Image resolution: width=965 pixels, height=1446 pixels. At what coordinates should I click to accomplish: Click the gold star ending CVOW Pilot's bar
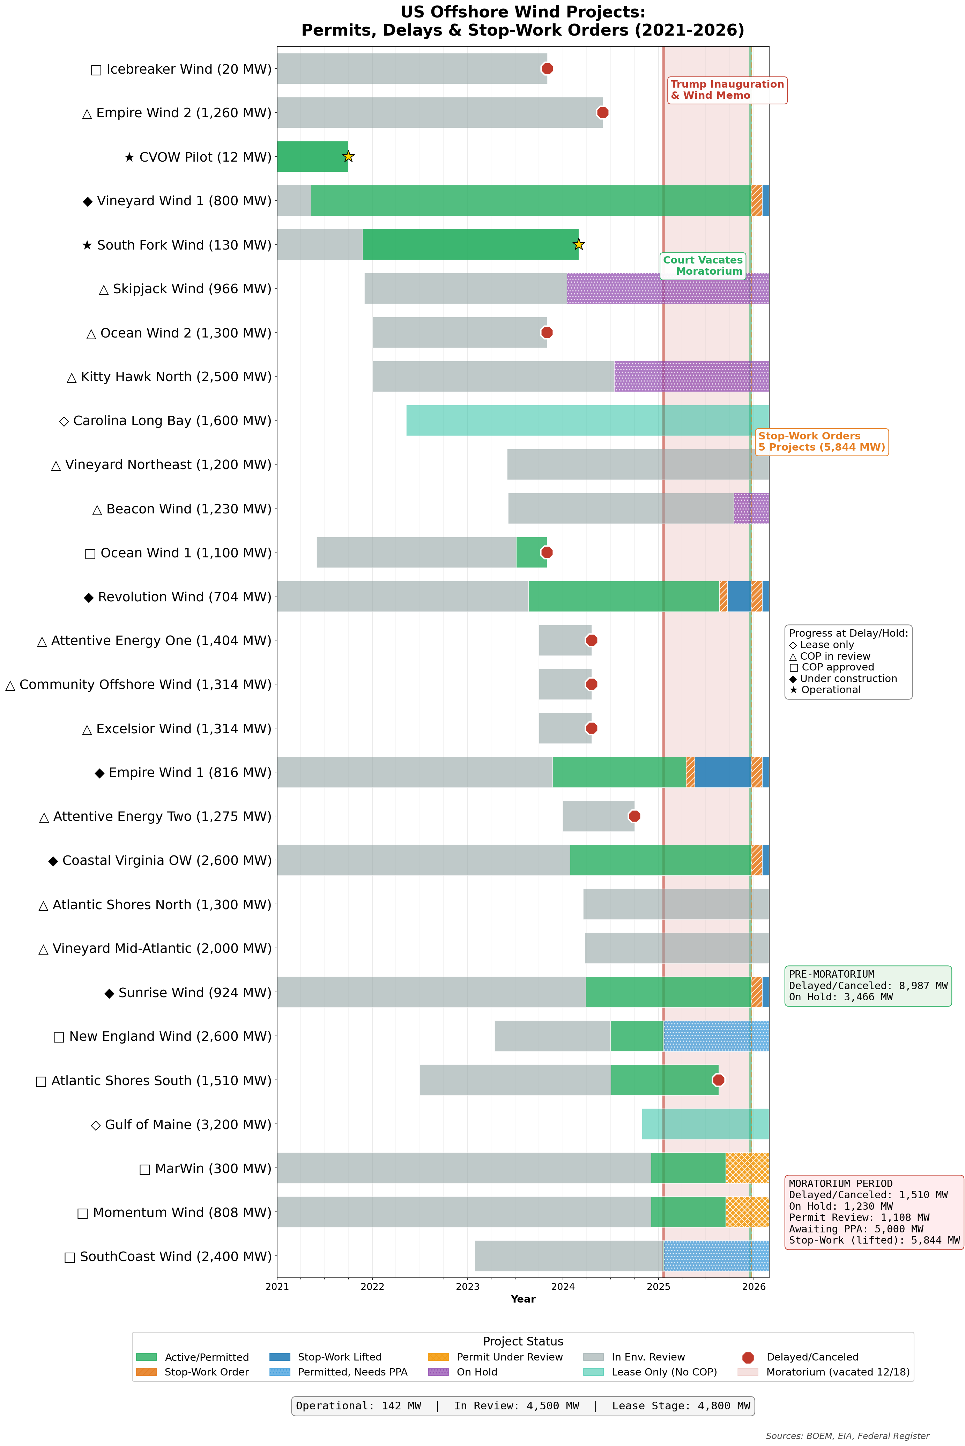click(x=348, y=156)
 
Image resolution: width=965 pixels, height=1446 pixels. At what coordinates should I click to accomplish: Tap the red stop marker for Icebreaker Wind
click(x=547, y=68)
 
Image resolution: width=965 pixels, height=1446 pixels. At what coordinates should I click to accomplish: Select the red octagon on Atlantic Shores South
click(x=718, y=1080)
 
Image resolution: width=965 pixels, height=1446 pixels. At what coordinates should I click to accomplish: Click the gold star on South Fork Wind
click(x=579, y=244)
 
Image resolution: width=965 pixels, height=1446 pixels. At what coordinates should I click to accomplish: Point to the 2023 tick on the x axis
click(x=468, y=1286)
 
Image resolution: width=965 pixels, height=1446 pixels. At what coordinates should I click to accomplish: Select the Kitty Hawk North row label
click(x=169, y=377)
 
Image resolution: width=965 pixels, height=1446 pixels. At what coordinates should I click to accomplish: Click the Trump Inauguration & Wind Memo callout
click(x=727, y=90)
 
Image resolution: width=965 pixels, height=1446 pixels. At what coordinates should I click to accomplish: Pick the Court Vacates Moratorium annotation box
click(x=703, y=266)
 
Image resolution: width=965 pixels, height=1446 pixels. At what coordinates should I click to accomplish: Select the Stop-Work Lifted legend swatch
click(x=280, y=1357)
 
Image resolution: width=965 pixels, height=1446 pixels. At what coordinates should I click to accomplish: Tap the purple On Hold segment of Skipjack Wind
click(x=668, y=289)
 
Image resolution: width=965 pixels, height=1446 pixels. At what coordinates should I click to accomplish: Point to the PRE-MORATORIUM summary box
click(x=868, y=986)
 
